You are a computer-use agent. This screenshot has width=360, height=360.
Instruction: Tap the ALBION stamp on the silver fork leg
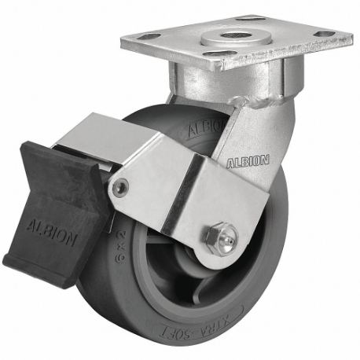pos(249,161)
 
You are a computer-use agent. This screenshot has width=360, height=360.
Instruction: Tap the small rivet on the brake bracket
pos(119,187)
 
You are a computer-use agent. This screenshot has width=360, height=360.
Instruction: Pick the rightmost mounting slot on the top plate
pos(323,34)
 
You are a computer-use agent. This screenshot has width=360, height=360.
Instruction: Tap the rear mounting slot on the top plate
pos(249,17)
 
